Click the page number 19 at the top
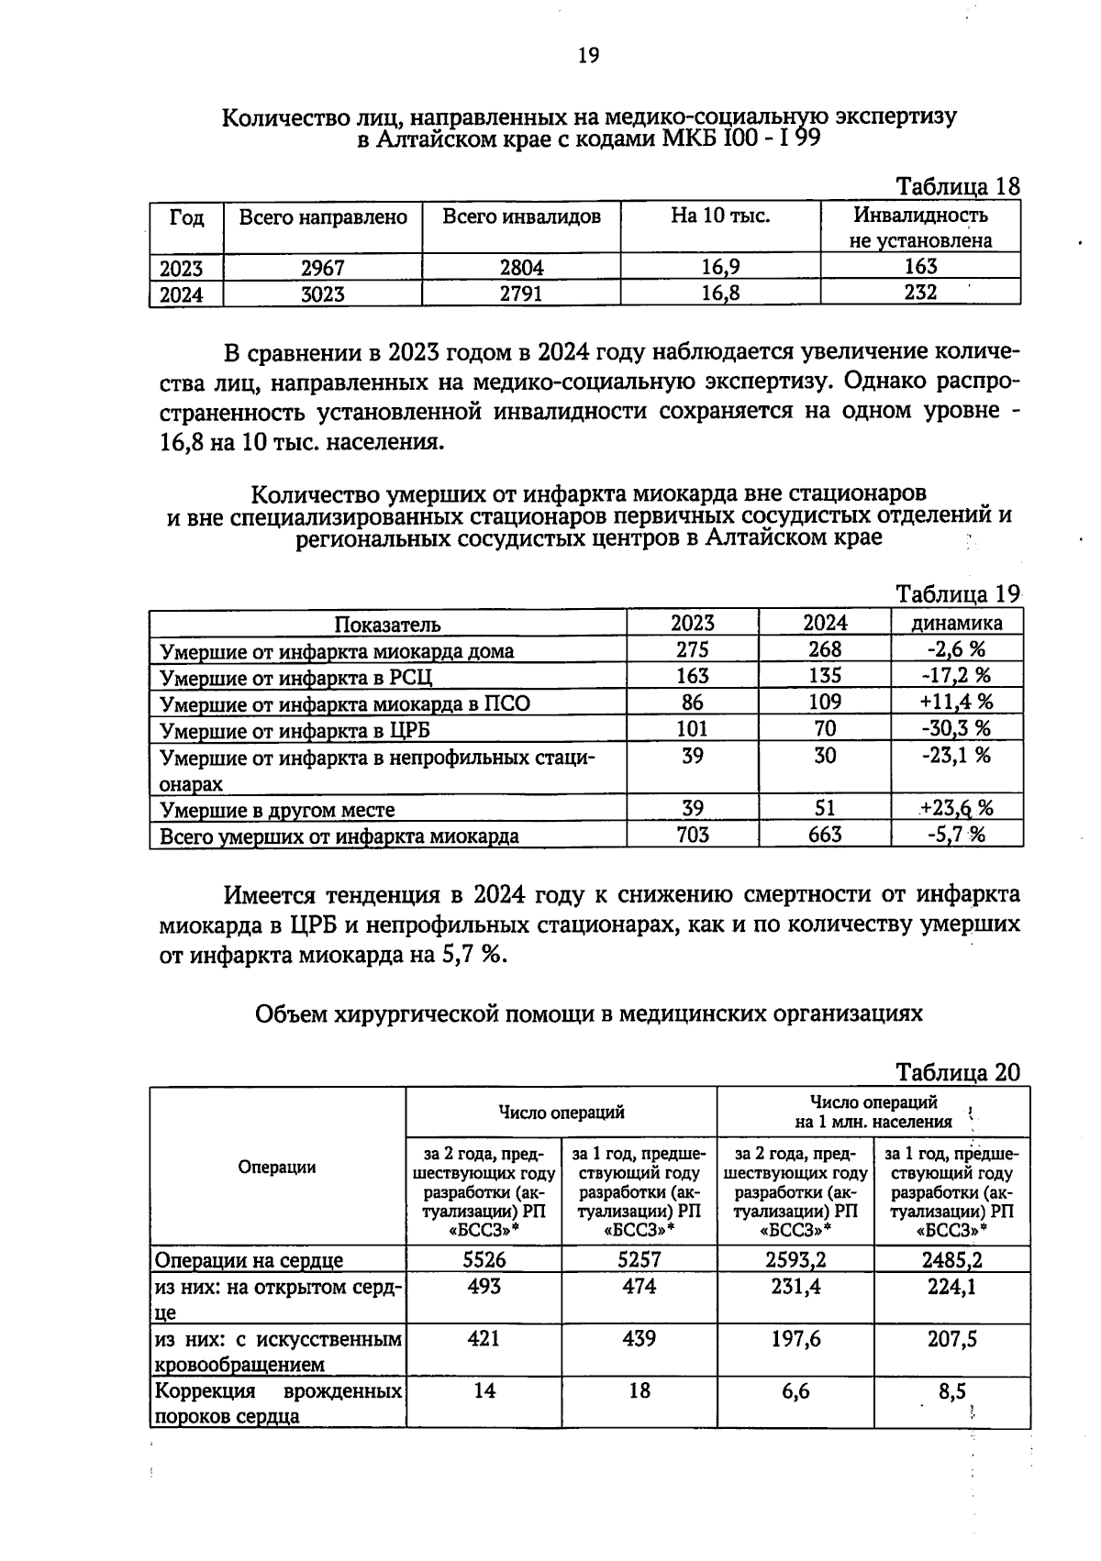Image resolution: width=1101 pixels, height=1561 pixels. (x=588, y=56)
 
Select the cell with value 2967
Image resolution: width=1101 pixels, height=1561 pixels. (x=322, y=268)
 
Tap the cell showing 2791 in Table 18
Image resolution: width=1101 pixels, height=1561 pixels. (x=520, y=293)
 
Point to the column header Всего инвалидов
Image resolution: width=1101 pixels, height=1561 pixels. (x=521, y=217)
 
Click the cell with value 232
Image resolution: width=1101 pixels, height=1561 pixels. (x=919, y=293)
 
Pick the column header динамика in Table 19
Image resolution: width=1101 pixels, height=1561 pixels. (x=956, y=623)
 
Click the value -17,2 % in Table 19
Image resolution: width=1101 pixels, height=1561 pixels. (x=956, y=676)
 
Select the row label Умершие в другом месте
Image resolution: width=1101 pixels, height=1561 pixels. (x=277, y=810)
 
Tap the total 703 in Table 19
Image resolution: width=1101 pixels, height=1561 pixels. (x=692, y=835)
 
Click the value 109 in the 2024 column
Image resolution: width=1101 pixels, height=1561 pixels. (x=825, y=703)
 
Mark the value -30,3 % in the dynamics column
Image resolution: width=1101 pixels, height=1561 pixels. (x=956, y=729)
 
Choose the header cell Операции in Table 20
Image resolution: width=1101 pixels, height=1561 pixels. (x=277, y=1167)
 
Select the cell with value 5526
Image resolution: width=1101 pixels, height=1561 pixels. (x=484, y=1259)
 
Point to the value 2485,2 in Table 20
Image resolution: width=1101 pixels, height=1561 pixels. (x=951, y=1259)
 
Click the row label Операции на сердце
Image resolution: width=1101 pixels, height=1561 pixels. (x=249, y=1260)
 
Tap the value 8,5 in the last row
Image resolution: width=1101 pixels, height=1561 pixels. (x=951, y=1391)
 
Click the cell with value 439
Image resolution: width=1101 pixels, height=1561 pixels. (x=639, y=1339)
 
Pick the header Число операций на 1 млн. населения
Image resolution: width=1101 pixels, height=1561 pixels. (x=873, y=1112)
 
